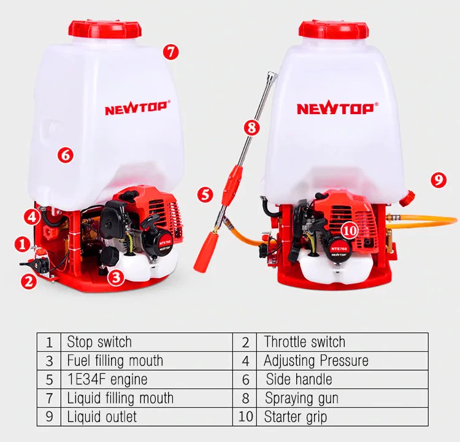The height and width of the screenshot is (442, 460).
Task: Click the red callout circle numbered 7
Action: [x=171, y=52]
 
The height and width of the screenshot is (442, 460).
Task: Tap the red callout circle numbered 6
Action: [x=66, y=155]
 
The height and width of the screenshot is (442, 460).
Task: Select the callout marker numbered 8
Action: [x=251, y=128]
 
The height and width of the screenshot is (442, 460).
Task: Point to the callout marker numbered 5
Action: [x=205, y=195]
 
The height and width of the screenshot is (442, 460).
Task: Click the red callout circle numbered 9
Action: [x=437, y=180]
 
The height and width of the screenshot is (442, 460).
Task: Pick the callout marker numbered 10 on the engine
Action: [x=349, y=230]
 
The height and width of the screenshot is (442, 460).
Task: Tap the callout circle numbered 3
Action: [x=117, y=277]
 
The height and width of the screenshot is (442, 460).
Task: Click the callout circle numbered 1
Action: [x=23, y=244]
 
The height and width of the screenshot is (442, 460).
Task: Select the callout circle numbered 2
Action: [x=28, y=282]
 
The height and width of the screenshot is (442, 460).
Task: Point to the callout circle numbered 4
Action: [x=32, y=216]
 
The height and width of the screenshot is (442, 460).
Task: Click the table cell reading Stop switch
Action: [x=99, y=342]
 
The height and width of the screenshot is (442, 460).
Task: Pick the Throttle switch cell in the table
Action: [x=304, y=342]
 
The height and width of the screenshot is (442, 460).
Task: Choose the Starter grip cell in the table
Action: [x=295, y=417]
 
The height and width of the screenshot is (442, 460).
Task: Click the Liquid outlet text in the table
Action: [x=102, y=417]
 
